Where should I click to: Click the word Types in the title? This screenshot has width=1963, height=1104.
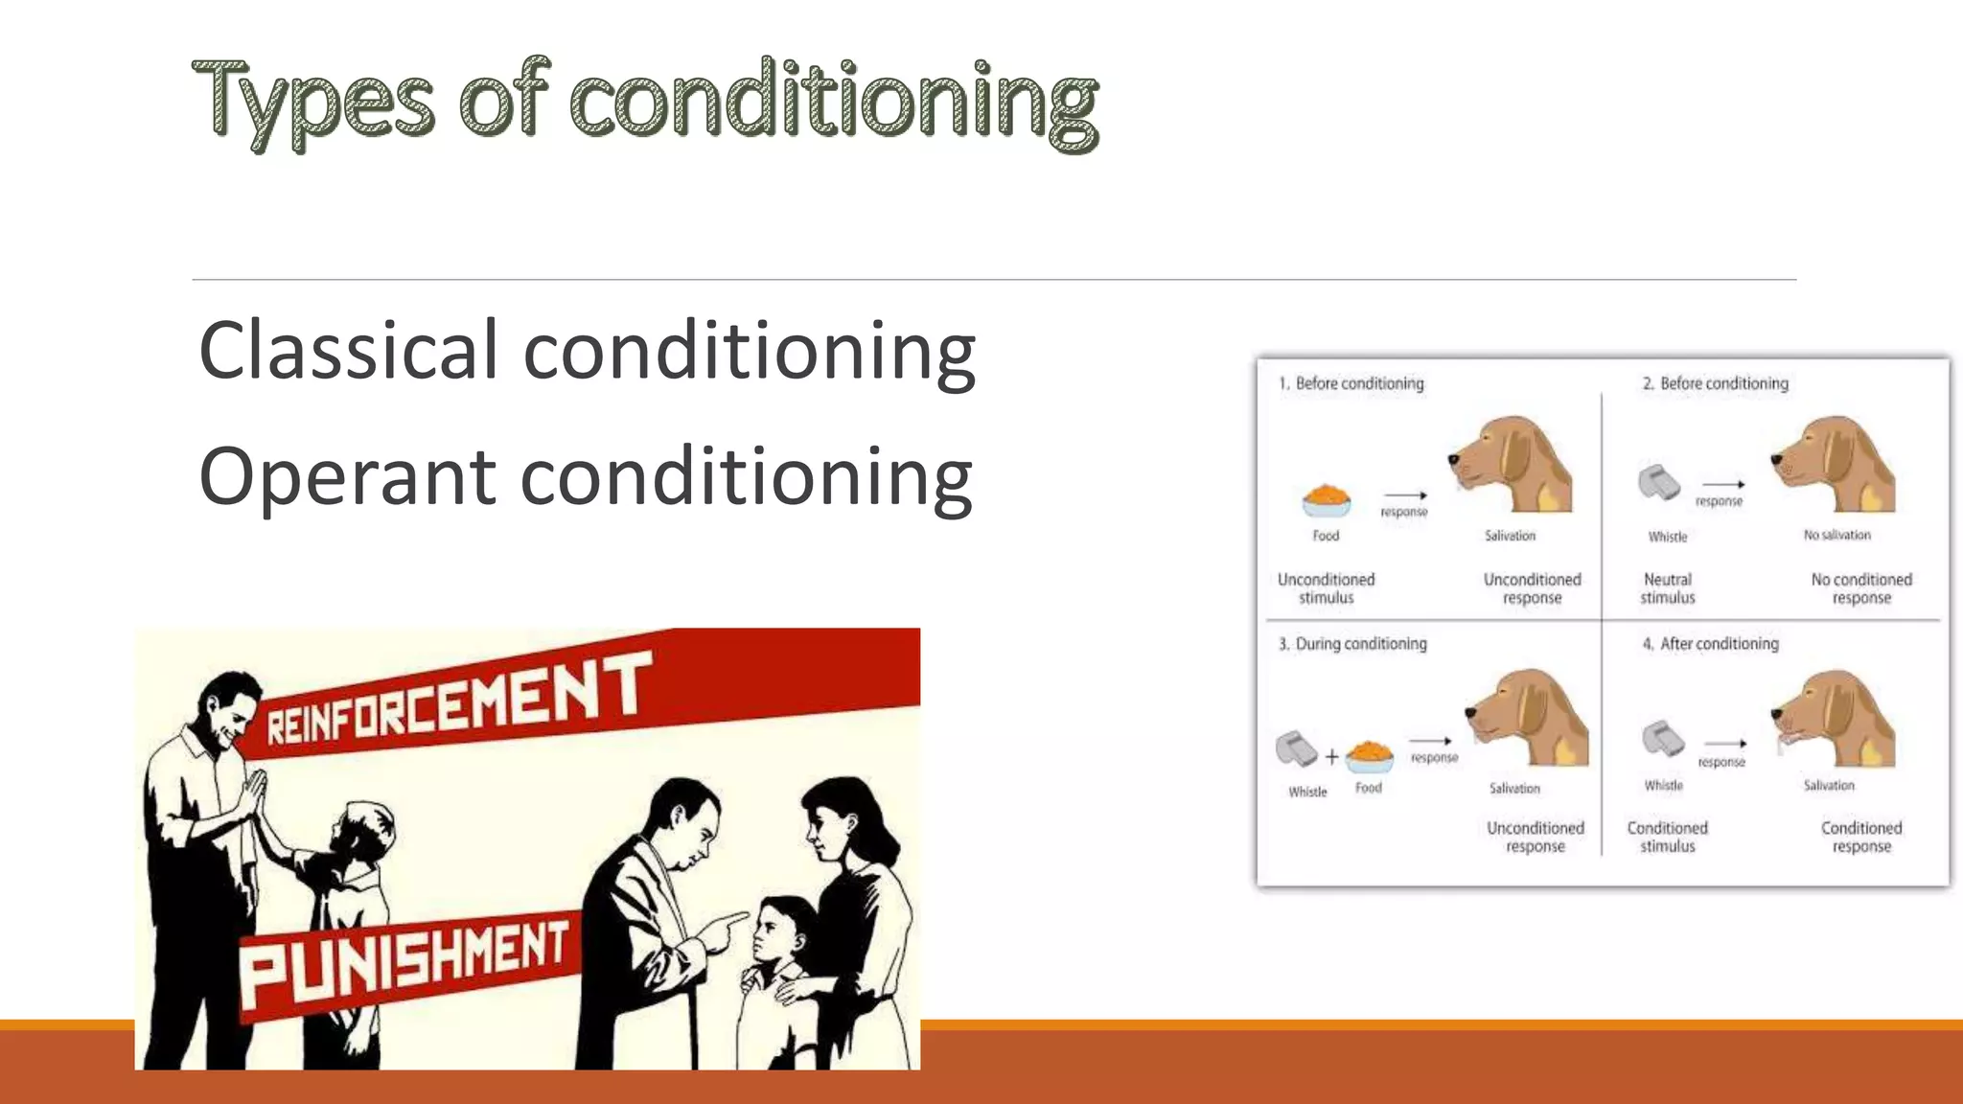pos(312,102)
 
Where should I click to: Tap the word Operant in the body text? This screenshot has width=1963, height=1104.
pos(347,476)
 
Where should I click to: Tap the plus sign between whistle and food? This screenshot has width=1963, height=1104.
pos(1331,757)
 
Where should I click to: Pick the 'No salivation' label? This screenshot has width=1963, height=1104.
pos(1836,535)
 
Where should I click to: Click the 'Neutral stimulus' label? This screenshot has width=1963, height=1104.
pos(1668,588)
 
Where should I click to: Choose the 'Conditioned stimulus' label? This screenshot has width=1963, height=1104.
pos(1667,837)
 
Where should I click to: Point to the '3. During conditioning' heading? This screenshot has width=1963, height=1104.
pos(1352,644)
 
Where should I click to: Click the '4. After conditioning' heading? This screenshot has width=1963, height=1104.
pos(1711,644)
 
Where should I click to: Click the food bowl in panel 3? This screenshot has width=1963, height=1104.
pos(1370,756)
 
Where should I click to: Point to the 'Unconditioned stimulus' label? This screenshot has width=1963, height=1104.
pos(1327,588)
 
